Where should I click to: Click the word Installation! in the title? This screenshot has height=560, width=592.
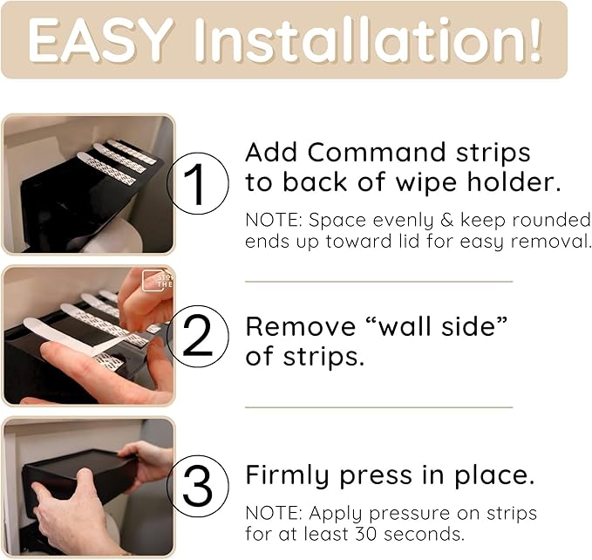point(367,39)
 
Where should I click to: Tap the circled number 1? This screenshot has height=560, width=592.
point(198,184)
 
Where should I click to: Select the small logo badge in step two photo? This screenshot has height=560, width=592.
point(155,280)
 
